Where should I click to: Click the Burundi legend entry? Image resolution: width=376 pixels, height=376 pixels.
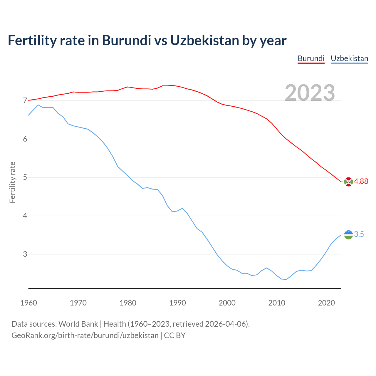pyautogui.click(x=311, y=58)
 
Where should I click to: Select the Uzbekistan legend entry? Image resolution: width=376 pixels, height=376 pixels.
pyautogui.click(x=349, y=58)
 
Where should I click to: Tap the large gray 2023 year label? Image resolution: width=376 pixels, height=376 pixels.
pyautogui.click(x=310, y=93)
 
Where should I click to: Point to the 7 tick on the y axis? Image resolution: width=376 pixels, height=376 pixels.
pyautogui.click(x=25, y=101)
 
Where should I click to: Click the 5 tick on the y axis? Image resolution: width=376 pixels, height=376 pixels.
pyautogui.click(x=25, y=177)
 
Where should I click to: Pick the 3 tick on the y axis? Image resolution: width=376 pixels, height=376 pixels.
pyautogui.click(x=25, y=254)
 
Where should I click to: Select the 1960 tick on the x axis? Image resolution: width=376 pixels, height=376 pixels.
pyautogui.click(x=28, y=303)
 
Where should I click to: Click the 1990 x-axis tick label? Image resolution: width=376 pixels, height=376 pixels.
pyautogui.click(x=177, y=303)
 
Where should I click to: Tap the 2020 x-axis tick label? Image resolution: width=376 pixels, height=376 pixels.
pyautogui.click(x=326, y=303)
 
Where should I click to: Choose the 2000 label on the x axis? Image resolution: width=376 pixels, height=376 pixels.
pyautogui.click(x=227, y=303)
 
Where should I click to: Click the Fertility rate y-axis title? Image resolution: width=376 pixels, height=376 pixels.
pyautogui.click(x=12, y=182)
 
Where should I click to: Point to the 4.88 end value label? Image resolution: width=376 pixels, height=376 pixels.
pyautogui.click(x=361, y=182)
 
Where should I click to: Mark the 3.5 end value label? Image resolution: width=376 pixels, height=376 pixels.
pyautogui.click(x=359, y=234)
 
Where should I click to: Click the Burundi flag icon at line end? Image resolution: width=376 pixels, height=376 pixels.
pyautogui.click(x=348, y=182)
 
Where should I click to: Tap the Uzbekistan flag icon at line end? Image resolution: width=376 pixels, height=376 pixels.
pyautogui.click(x=348, y=235)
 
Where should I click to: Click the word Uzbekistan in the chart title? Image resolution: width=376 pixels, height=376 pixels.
pyautogui.click(x=204, y=41)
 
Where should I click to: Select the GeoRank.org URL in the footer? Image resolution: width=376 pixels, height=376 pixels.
pyautogui.click(x=85, y=335)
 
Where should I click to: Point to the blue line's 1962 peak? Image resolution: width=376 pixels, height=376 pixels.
pyautogui.click(x=38, y=105)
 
